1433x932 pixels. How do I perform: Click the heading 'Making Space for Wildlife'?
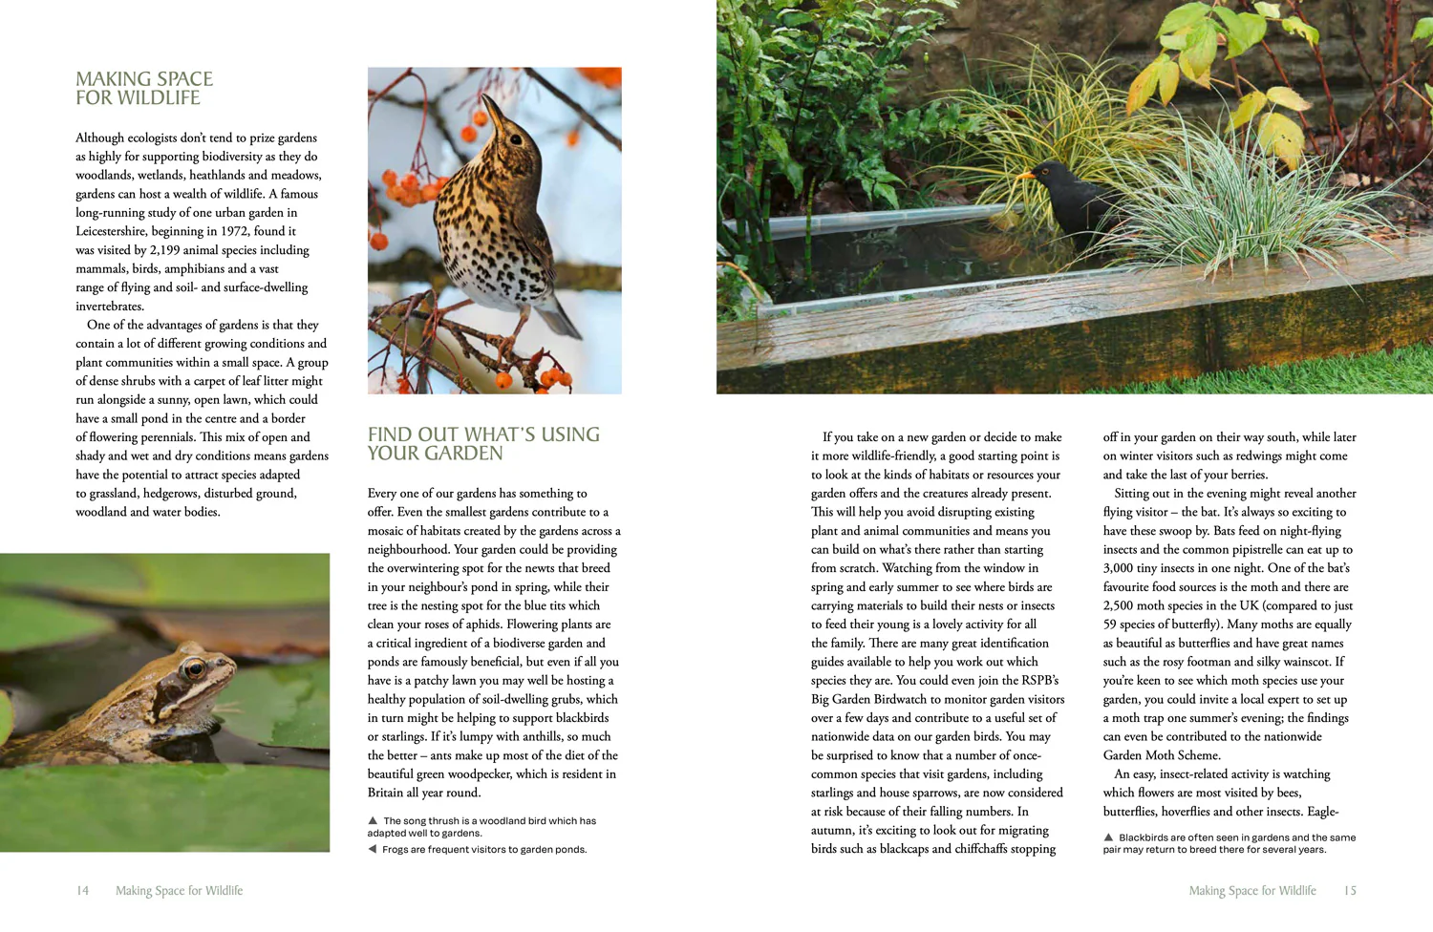point(144,88)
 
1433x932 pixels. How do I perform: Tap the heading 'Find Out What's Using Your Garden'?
point(483,443)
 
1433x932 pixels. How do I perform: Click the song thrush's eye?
point(516,138)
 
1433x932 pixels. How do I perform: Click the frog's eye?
point(195,667)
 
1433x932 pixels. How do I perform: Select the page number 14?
point(83,891)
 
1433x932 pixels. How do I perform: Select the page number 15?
point(1350,891)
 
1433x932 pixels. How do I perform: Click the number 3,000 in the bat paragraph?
point(1123,568)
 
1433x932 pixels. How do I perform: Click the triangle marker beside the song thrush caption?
point(373,820)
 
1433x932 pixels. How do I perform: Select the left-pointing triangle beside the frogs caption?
point(372,849)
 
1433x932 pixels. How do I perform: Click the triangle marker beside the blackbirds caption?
point(1108,837)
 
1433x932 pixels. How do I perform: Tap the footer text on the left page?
point(179,891)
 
